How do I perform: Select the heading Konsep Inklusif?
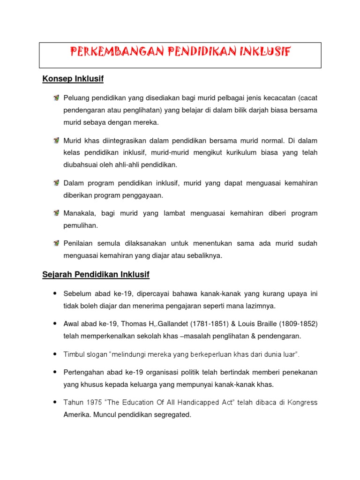(73, 79)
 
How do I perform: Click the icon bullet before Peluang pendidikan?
(56, 97)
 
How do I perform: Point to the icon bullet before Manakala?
(56, 213)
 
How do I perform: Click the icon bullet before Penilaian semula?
(56, 243)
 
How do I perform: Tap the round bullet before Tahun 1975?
(55, 402)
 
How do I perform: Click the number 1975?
(90, 403)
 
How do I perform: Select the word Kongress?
(301, 403)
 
